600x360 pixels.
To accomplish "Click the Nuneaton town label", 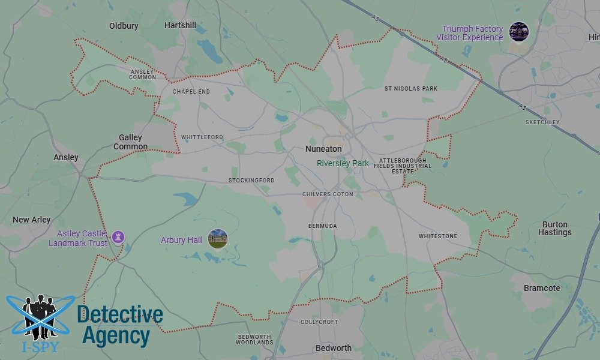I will point(323,149).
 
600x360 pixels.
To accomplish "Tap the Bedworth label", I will point(334,348).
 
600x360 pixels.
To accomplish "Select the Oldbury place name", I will point(124,26).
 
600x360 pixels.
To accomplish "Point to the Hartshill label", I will point(180,25).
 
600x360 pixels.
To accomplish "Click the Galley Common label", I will point(131,142).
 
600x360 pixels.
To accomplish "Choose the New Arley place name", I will point(32,220).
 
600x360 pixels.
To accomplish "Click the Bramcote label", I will point(542,288).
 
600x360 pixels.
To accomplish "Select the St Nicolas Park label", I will point(411,89).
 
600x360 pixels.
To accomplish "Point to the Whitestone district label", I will point(438,236).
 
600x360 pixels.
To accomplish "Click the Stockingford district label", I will point(251,181).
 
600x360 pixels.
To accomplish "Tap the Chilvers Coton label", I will point(328,195).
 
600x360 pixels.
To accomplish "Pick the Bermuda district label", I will point(322,226).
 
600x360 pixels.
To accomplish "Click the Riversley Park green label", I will point(343,163).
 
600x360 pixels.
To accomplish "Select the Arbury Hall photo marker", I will point(218,239).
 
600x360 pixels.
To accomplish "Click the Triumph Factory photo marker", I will point(518,32).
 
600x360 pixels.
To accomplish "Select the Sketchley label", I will point(542,122).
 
